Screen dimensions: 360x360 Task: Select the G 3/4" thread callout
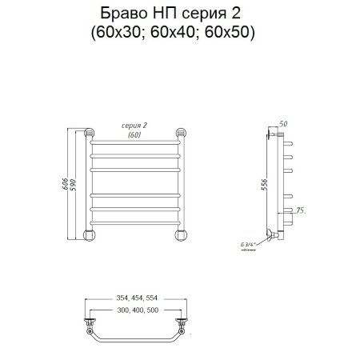click(x=250, y=245)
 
